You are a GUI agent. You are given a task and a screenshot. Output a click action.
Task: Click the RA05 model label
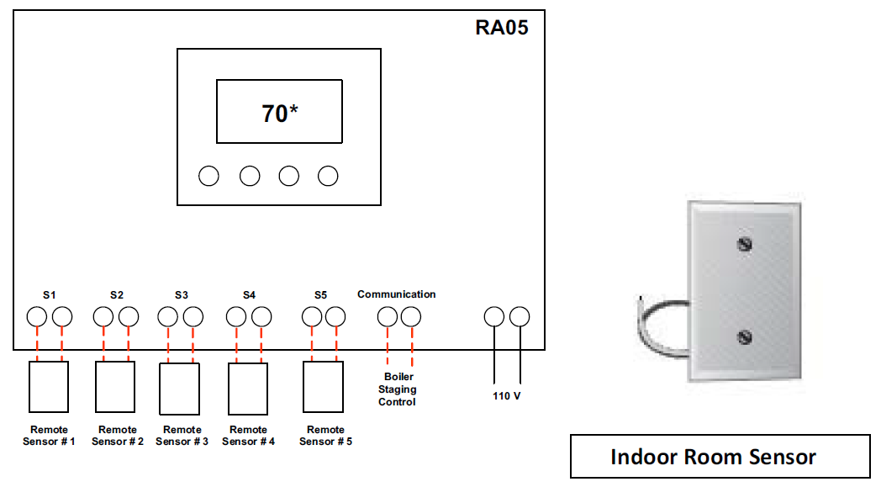click(502, 28)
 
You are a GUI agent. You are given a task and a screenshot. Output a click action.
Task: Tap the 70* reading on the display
click(279, 112)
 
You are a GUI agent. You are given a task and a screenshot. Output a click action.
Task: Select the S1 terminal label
click(50, 295)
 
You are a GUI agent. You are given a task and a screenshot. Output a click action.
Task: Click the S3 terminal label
click(182, 295)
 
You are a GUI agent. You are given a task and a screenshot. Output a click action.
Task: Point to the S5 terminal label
click(320, 295)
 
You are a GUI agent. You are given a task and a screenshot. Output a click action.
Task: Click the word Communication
click(397, 294)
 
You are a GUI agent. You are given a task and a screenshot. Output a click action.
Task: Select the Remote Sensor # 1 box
click(49, 386)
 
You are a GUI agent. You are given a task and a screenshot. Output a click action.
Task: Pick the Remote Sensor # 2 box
click(115, 386)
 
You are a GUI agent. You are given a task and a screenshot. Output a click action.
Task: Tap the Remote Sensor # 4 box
click(248, 389)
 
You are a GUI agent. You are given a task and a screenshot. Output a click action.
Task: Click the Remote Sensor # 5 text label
click(325, 436)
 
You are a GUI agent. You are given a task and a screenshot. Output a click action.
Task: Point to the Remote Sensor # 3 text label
click(182, 436)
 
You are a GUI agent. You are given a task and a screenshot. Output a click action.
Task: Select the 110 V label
click(506, 395)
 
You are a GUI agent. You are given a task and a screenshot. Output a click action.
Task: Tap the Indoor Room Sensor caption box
click(720, 457)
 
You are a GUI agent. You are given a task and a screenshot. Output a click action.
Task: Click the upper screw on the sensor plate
click(743, 244)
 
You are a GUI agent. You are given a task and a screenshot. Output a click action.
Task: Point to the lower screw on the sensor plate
click(743, 337)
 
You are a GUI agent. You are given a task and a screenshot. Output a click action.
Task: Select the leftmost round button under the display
click(208, 176)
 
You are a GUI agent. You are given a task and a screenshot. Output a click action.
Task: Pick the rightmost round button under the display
click(328, 176)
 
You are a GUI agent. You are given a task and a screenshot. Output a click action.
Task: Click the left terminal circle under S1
click(37, 317)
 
